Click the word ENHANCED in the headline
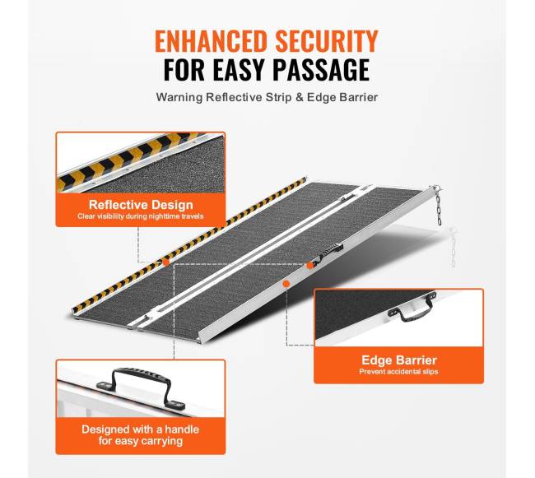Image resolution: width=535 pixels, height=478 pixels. [x=211, y=41]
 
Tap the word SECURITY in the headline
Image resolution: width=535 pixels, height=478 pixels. [x=328, y=41]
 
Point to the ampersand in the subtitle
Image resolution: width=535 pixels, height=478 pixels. [x=300, y=98]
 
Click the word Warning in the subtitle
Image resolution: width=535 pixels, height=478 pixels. [x=179, y=98]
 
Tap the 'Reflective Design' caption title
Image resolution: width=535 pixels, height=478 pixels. [x=141, y=205]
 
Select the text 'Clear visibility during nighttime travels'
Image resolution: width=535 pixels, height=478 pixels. [x=141, y=216]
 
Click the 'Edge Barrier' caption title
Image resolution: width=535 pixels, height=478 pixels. [x=399, y=360]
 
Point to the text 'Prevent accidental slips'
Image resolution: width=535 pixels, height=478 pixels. [x=398, y=372]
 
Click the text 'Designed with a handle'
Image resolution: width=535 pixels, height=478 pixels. [x=140, y=429]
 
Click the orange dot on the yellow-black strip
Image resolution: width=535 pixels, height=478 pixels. [x=165, y=262]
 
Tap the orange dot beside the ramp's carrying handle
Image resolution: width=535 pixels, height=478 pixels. [x=309, y=265]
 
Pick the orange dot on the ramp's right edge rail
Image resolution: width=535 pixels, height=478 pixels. [x=286, y=284]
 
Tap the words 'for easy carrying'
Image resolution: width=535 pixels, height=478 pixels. [x=141, y=441]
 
